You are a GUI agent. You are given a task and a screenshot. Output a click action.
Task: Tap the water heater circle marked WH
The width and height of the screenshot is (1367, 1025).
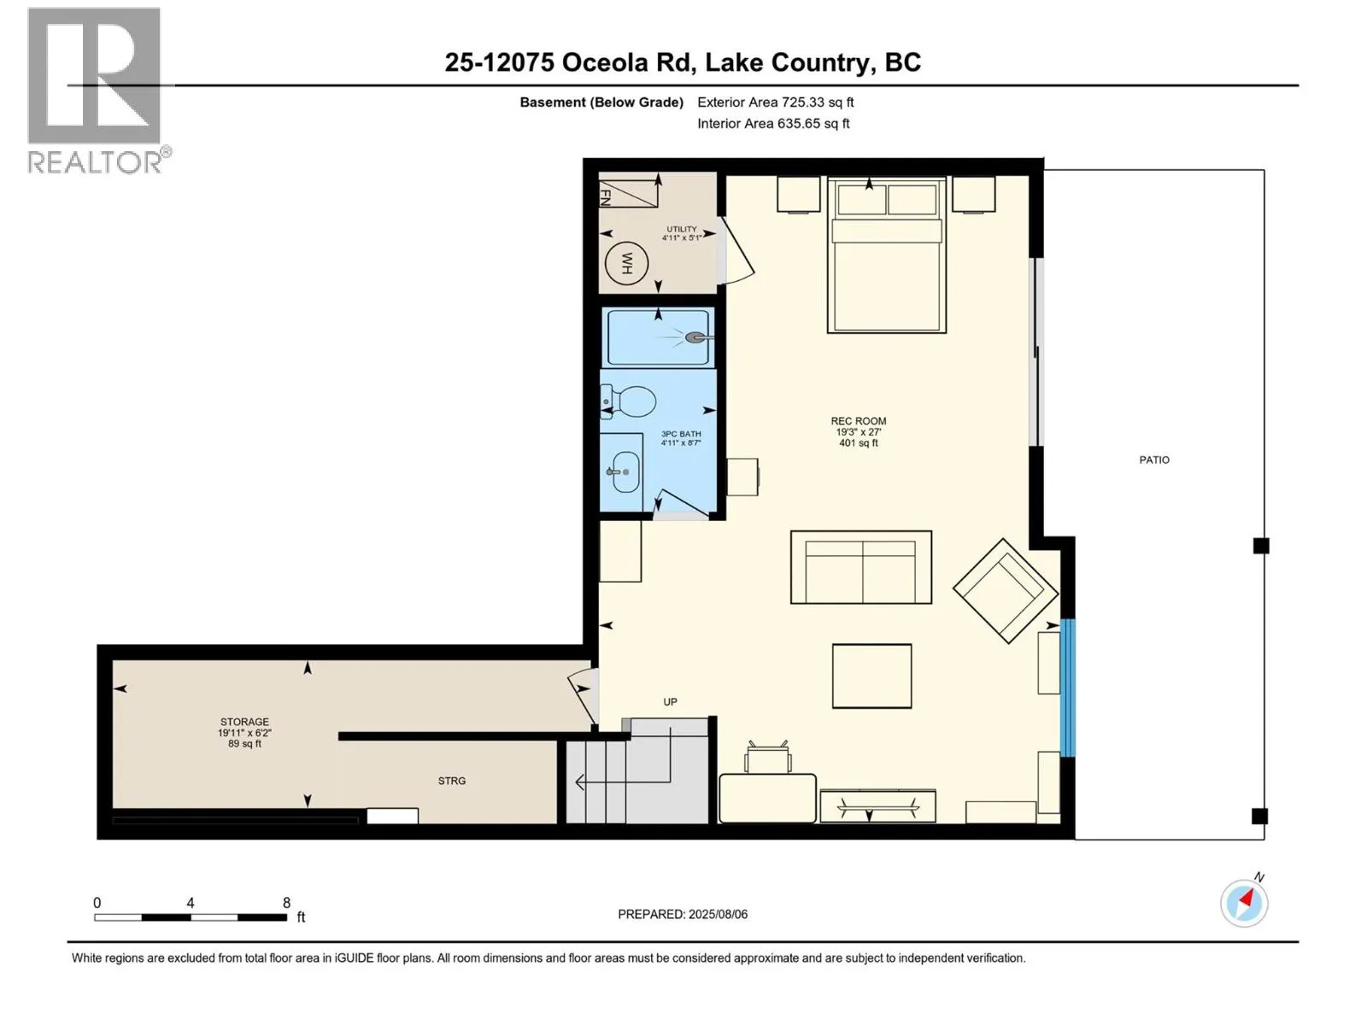click(x=626, y=262)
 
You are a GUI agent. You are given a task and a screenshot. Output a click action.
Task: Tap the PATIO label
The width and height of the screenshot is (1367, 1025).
click(x=1154, y=460)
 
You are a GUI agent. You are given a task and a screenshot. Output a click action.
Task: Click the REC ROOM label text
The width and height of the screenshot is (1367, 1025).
click(x=858, y=421)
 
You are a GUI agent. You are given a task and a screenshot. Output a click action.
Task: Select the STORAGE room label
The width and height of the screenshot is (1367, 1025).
click(x=244, y=722)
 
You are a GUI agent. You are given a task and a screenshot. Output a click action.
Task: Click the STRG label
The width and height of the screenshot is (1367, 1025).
click(x=451, y=781)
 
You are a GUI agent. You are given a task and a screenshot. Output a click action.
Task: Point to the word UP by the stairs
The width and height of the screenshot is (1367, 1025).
click(x=670, y=702)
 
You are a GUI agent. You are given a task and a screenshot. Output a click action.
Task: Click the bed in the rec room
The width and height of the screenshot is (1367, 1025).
click(x=887, y=255)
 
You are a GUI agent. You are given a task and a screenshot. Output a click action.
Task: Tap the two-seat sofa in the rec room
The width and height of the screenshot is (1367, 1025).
click(x=861, y=567)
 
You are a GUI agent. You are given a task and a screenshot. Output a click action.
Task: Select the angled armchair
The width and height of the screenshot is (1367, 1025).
click(x=1005, y=590)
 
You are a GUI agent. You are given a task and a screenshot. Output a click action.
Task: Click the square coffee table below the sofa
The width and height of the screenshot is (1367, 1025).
click(x=872, y=676)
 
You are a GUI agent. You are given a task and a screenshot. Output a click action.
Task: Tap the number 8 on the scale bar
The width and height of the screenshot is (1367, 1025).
click(x=286, y=902)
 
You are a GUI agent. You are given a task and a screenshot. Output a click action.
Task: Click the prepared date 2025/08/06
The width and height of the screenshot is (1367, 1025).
click(x=718, y=914)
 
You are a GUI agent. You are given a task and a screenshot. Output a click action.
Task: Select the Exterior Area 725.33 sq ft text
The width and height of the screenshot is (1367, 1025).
click(x=776, y=102)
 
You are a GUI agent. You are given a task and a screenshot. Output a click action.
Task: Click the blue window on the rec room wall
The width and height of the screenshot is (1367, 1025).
click(x=1067, y=688)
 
